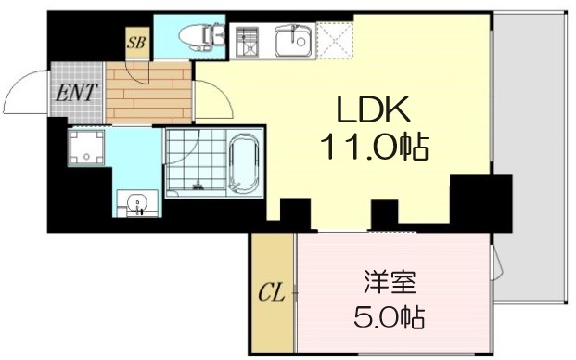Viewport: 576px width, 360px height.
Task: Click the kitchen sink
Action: [295, 40]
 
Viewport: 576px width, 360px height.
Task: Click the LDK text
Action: [372, 110]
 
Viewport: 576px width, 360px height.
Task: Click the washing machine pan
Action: [87, 148]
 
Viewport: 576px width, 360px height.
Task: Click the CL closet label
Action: [270, 294]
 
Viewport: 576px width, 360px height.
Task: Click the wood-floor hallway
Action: [148, 93]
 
